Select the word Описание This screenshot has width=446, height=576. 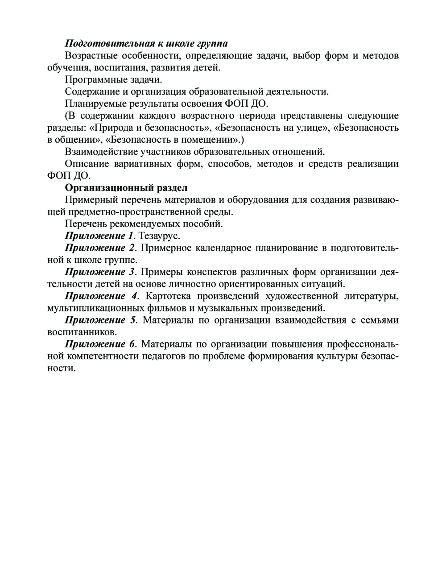tap(86, 164)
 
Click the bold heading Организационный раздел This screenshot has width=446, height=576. tap(126, 187)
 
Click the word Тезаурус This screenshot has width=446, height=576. tap(159, 236)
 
